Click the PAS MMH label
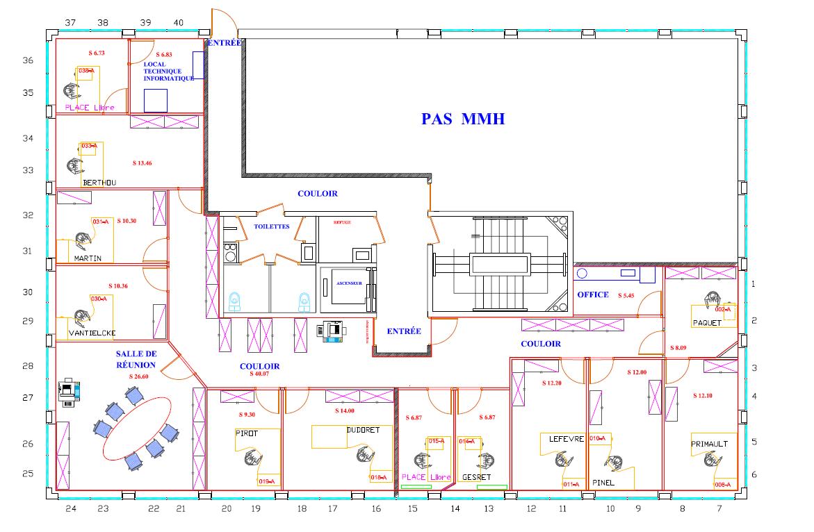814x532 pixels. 462,119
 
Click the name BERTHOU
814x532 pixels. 99,183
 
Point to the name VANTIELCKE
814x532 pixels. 92,333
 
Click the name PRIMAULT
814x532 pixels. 709,444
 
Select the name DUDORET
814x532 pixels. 363,430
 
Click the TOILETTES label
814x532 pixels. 271,226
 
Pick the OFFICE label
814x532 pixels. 593,294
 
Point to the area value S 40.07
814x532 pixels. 259,374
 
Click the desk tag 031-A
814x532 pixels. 101,222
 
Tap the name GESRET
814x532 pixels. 476,477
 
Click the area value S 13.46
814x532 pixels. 142,163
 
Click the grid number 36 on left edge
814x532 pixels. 28,60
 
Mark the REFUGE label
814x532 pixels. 342,222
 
